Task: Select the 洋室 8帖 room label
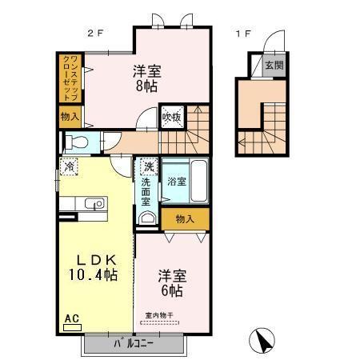pyautogui.click(x=146, y=77)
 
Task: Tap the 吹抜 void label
pyautogui.click(x=172, y=118)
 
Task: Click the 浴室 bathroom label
pyautogui.click(x=177, y=182)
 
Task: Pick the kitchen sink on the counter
pyautogui.click(x=96, y=203)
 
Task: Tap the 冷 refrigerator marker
pyautogui.click(x=69, y=167)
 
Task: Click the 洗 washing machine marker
pyautogui.click(x=148, y=168)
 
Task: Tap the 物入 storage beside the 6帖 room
pyautogui.click(x=186, y=218)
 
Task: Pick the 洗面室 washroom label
pyautogui.click(x=146, y=192)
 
